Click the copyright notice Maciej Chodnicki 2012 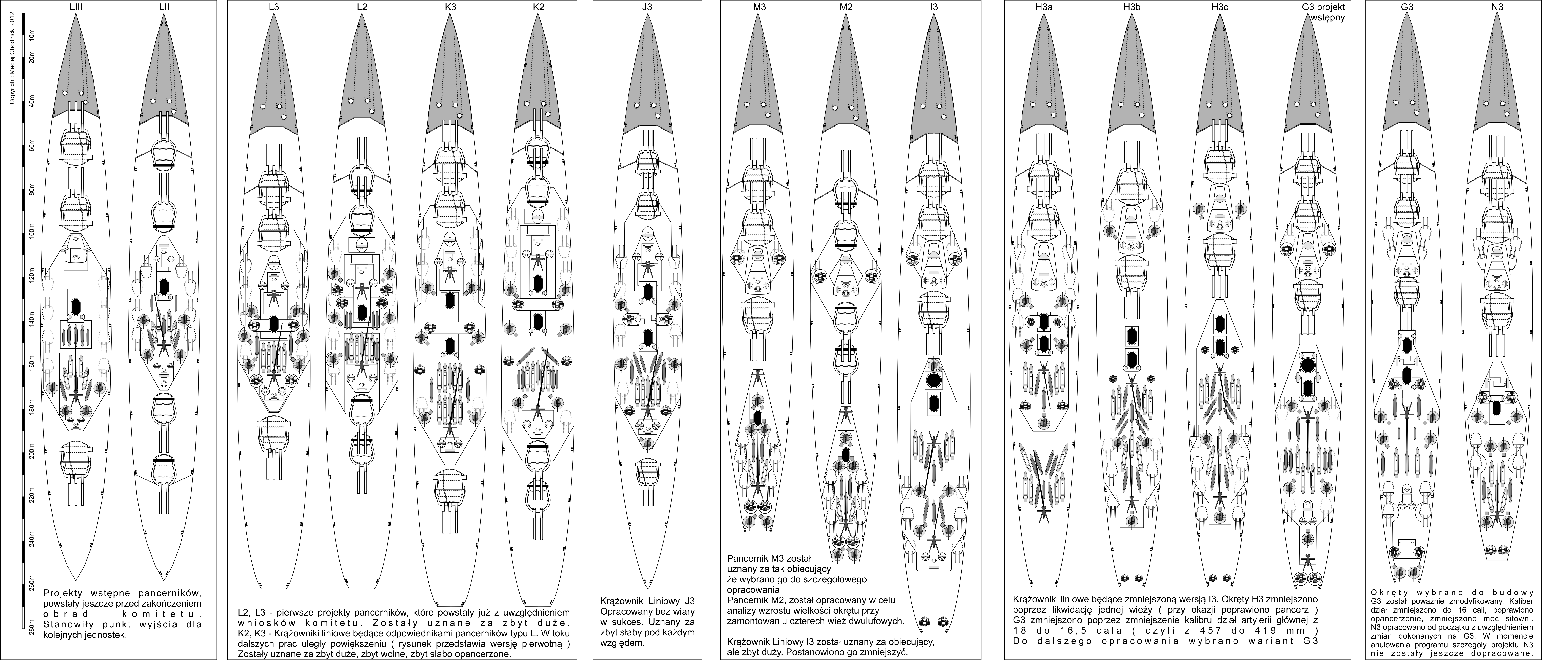tap(11, 60)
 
